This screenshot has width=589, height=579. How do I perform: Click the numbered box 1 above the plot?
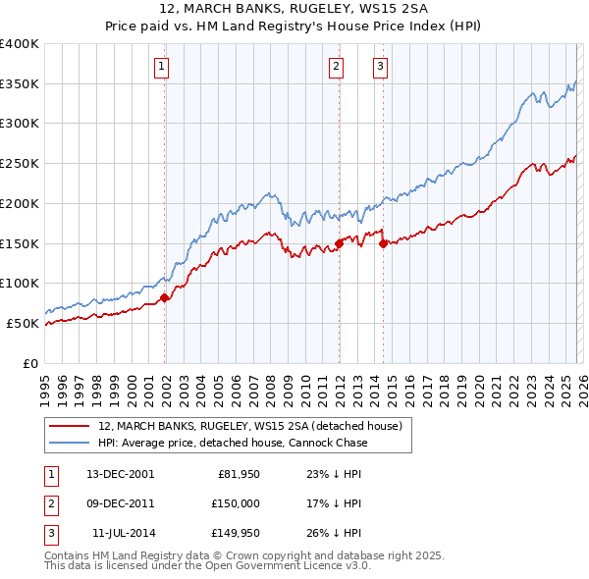coord(161,67)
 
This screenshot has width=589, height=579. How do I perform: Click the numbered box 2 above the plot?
coord(336,67)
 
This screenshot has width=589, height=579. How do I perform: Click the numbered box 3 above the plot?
coord(380,67)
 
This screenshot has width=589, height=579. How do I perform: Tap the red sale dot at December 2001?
coord(164,297)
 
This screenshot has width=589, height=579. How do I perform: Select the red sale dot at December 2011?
coord(339,242)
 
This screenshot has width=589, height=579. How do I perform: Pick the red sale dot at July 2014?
coord(383,243)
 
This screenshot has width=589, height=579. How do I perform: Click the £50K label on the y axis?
coord(22,323)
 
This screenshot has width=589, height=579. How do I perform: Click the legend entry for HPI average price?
coord(233,443)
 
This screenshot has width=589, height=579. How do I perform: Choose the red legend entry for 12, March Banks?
coord(250,426)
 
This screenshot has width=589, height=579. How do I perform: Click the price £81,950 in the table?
coord(237,473)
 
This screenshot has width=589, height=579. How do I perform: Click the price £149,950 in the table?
coord(234,533)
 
